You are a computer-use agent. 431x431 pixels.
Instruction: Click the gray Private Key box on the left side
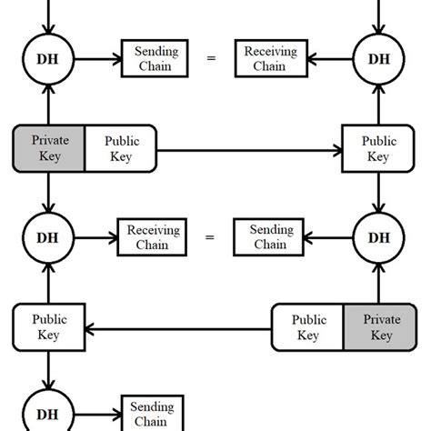point(49,148)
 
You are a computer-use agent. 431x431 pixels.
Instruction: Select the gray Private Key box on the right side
point(380,327)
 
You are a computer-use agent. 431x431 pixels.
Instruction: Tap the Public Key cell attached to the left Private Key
point(121,148)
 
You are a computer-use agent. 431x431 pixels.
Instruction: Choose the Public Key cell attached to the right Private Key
point(308,327)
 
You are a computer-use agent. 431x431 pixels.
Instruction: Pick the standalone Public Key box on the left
point(49,327)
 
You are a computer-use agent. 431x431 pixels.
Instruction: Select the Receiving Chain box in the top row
point(270,59)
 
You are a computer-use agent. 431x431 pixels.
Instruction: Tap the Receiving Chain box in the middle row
point(153,237)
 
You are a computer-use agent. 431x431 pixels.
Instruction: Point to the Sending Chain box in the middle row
point(270,237)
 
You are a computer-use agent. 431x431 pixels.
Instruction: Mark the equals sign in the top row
point(211,59)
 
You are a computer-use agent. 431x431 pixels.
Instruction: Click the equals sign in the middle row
point(211,237)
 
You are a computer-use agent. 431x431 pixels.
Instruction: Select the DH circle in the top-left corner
point(48,59)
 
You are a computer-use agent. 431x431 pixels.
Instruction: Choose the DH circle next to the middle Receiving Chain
point(48,237)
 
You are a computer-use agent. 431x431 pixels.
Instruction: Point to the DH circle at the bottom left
point(48,414)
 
